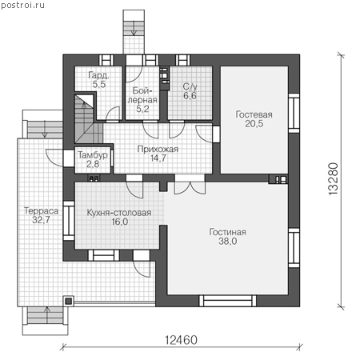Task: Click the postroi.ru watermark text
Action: (22, 6)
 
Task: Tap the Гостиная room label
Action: (227, 232)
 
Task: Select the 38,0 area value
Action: (228, 241)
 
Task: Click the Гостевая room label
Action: (254, 114)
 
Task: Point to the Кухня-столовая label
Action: (119, 213)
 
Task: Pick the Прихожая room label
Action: (158, 149)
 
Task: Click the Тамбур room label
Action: (93, 155)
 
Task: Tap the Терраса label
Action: (42, 210)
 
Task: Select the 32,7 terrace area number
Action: (41, 220)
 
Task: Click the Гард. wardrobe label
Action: (98, 75)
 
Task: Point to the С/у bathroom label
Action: (190, 86)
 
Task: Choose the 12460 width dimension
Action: (182, 340)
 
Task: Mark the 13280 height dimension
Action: (334, 179)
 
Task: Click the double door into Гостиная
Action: (190, 187)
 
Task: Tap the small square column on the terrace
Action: (69, 301)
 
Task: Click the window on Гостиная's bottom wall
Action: (228, 301)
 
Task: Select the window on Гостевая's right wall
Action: (294, 113)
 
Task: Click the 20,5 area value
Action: (254, 123)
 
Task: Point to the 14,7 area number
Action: (158, 158)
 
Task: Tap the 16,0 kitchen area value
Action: (120, 222)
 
